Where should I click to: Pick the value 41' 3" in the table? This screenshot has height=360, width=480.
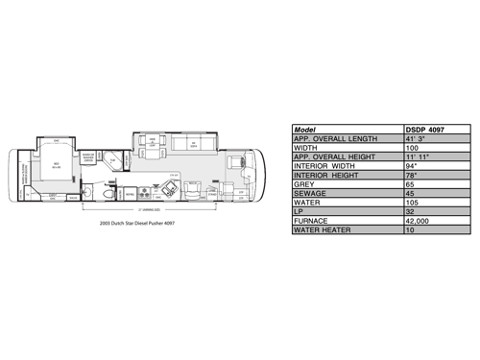(x=415, y=139)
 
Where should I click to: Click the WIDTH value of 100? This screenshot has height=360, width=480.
(x=412, y=149)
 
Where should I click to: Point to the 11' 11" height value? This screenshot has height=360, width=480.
(x=417, y=158)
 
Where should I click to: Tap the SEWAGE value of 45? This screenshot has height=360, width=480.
(x=410, y=195)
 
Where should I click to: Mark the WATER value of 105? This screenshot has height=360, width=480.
(x=412, y=204)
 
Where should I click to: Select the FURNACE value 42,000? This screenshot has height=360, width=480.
(x=417, y=222)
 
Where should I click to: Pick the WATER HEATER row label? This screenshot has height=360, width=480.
(x=325, y=231)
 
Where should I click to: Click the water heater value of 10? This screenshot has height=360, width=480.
(x=410, y=231)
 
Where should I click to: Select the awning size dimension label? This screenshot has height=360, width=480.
(x=146, y=208)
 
